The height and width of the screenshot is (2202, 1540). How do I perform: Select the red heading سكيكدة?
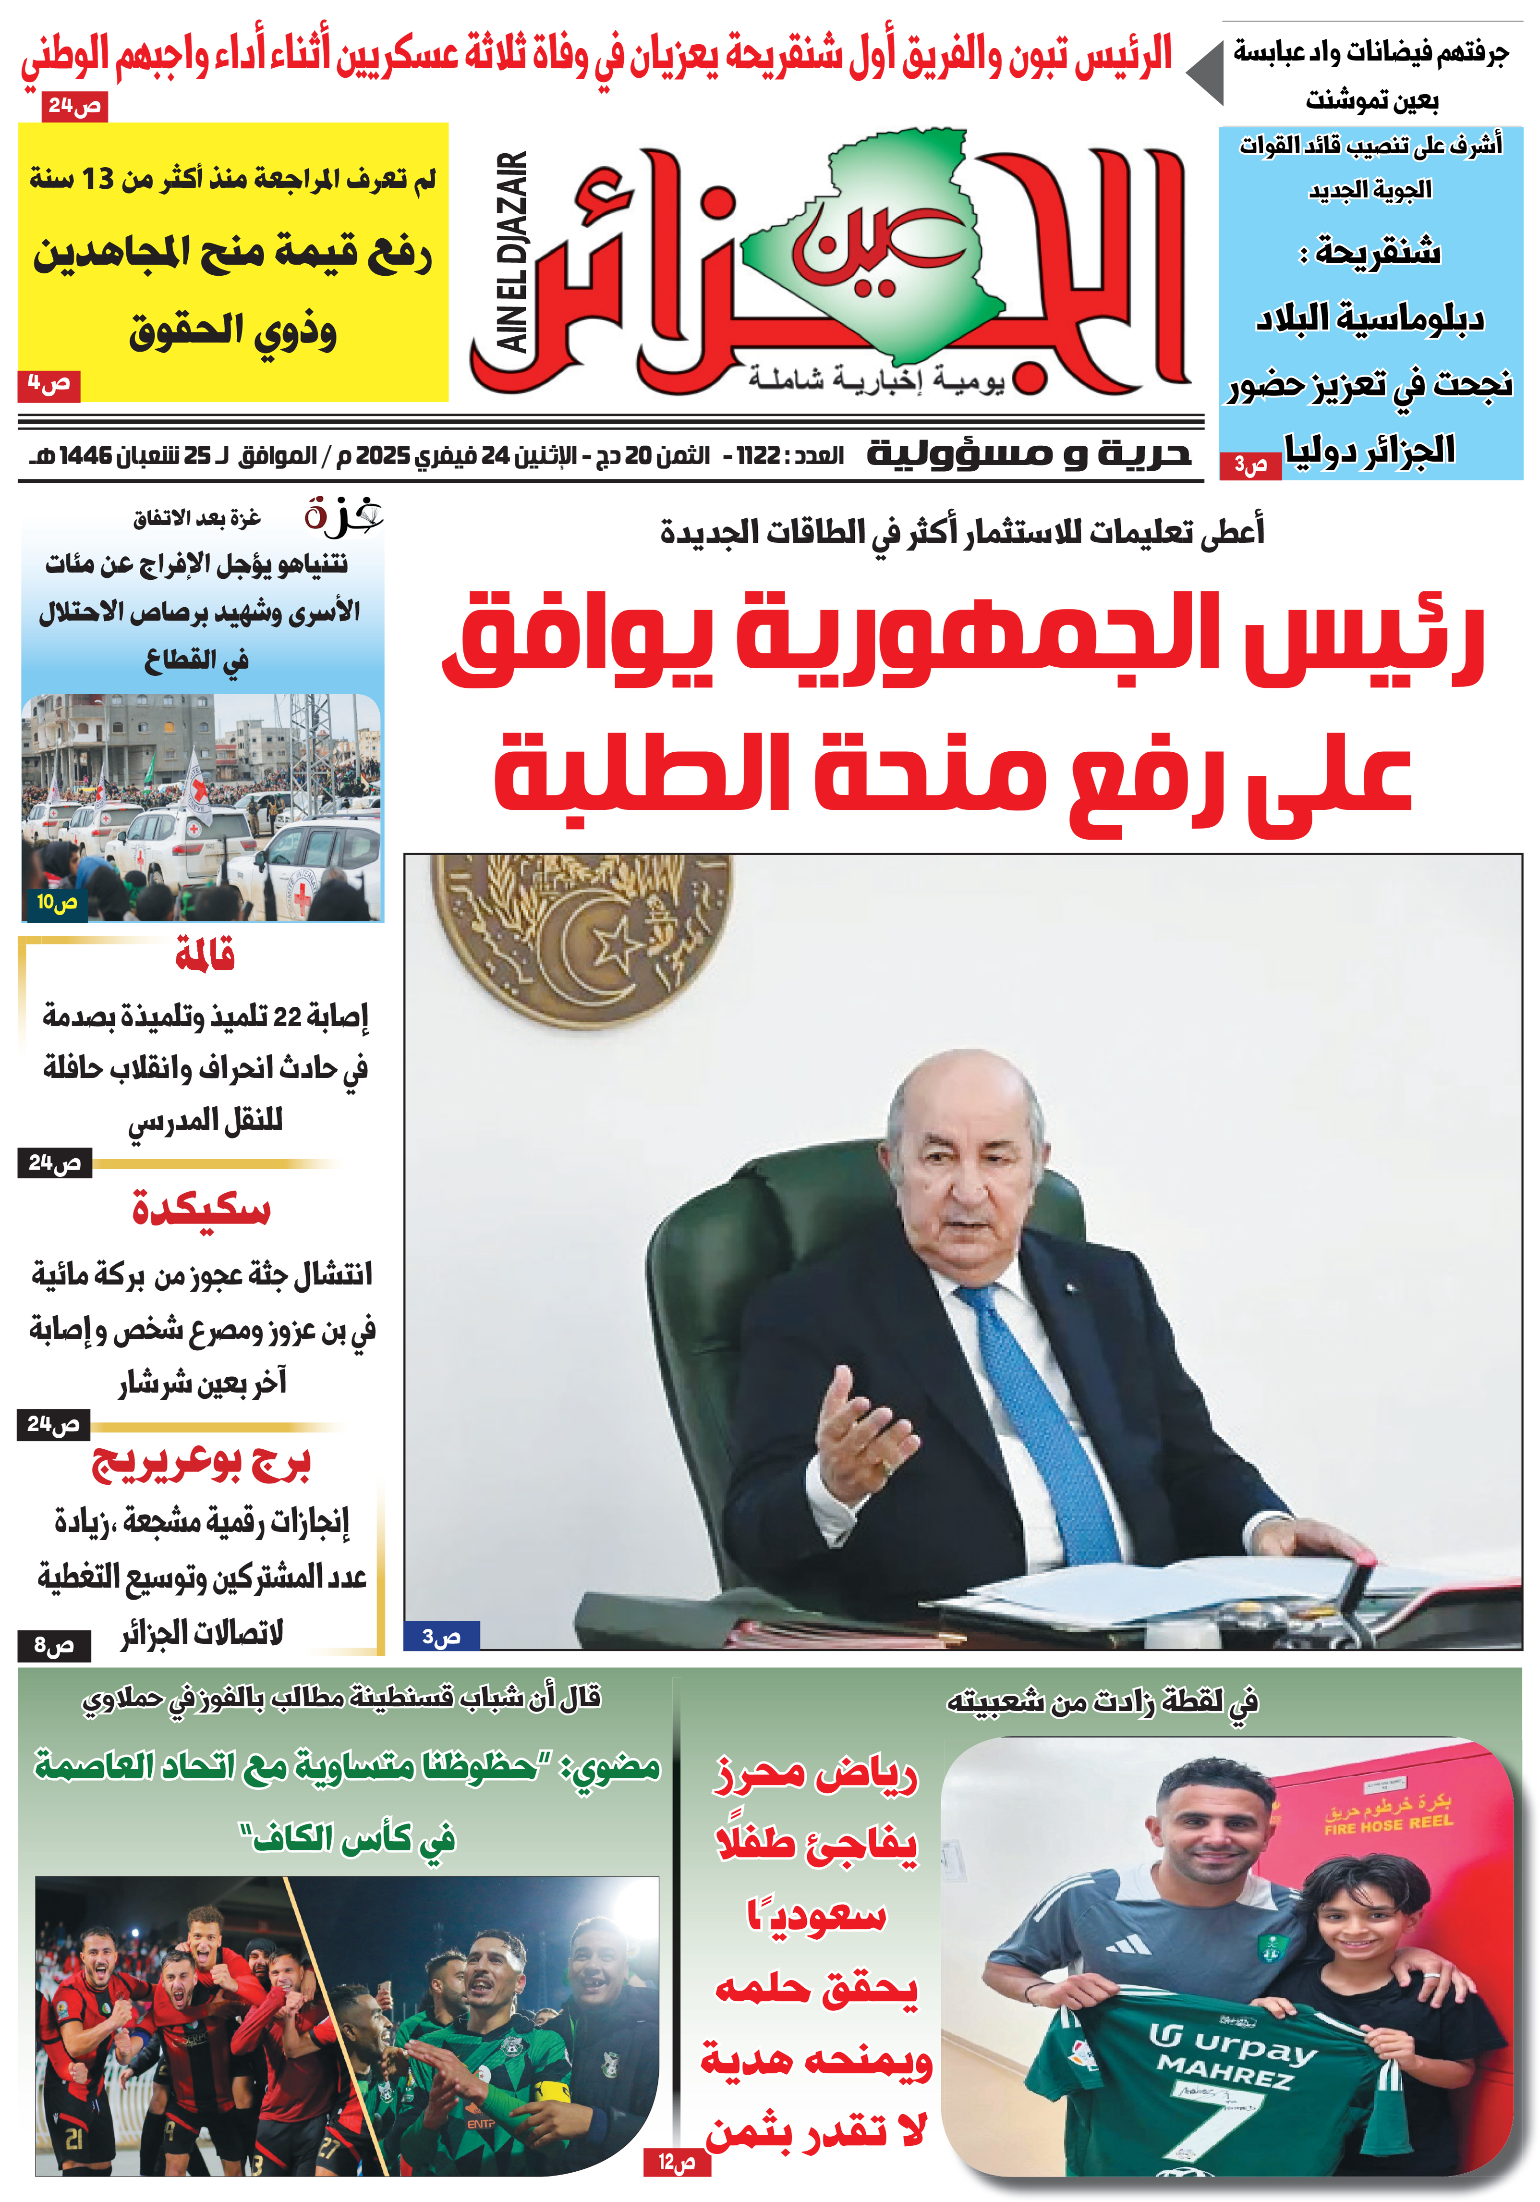(201, 1209)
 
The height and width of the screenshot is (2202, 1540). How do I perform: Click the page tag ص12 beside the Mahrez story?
(676, 2163)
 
